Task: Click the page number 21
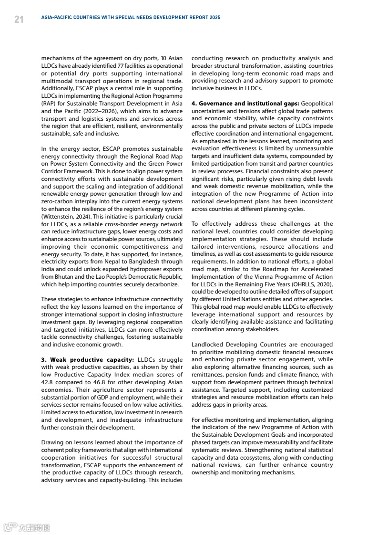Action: tap(19, 19)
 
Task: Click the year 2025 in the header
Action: tap(215, 18)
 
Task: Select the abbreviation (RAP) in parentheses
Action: tap(50, 104)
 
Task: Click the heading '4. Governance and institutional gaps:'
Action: tap(245, 104)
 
